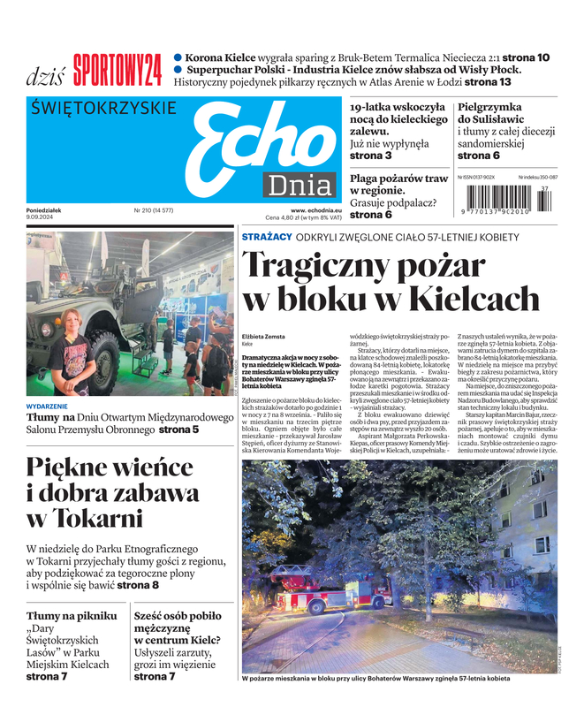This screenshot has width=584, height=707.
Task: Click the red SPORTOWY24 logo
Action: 118,70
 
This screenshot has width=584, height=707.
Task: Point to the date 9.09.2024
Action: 42,217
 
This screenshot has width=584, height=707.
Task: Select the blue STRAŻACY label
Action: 267,238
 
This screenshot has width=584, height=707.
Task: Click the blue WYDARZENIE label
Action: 47,407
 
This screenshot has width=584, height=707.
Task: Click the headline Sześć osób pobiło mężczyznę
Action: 177,627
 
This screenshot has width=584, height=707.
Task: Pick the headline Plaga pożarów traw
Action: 398,184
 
